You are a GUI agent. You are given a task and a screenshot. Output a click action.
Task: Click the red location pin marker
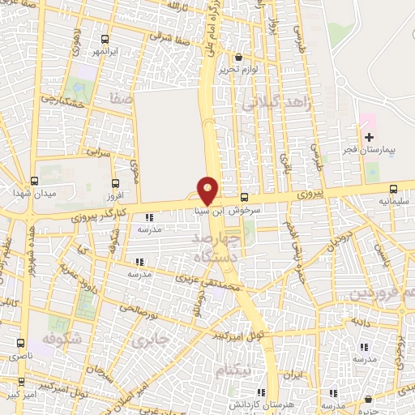pos(207,190)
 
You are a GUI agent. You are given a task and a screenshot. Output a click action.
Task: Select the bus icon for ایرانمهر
pos(105,40)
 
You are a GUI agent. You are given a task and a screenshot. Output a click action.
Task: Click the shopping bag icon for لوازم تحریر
pos(238,58)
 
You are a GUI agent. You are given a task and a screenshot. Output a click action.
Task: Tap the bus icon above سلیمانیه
pos(394,187)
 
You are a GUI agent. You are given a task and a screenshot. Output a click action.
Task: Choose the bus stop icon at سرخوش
pos(244,197)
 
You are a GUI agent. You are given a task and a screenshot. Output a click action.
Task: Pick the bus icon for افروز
pos(115,184)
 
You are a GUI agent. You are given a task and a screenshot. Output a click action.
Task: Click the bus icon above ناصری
pos(19,344)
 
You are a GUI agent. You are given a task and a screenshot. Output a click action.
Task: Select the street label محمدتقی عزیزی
pos(209,284)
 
